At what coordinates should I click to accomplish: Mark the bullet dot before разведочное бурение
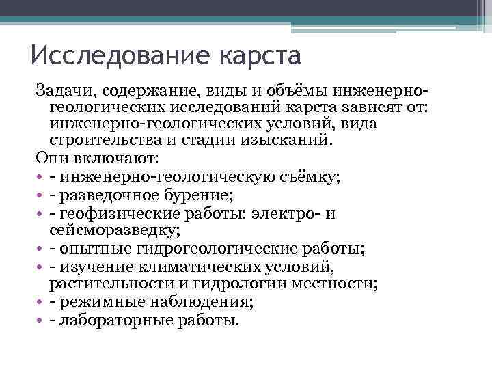(x=42, y=195)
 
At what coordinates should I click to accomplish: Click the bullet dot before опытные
(x=42, y=248)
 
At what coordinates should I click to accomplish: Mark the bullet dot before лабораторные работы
(x=42, y=319)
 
